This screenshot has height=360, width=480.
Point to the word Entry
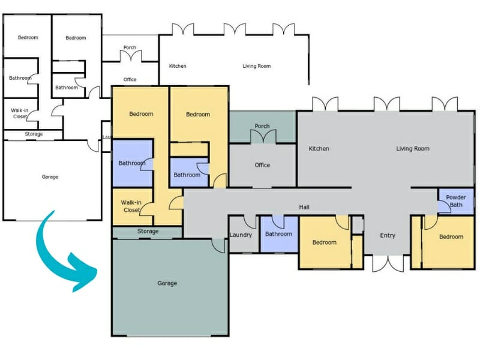click(388, 235)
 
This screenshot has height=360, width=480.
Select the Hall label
click(304, 208)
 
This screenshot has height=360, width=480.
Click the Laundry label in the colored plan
click(241, 235)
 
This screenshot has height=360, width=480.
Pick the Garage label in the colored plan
click(167, 283)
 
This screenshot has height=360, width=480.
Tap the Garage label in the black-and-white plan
click(50, 177)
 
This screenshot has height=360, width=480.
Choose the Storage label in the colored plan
click(148, 231)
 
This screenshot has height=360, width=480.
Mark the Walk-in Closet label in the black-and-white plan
click(20, 113)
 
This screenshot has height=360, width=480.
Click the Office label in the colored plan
click(262, 165)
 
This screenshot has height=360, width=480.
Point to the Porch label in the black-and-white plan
click(130, 47)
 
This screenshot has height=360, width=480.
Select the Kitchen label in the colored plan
click(319, 149)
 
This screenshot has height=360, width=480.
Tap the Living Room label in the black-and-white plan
click(256, 66)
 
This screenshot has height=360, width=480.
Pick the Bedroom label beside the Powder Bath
click(451, 236)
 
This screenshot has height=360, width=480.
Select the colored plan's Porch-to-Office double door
click(262, 138)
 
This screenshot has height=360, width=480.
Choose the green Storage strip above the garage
click(147, 232)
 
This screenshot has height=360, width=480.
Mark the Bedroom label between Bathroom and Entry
click(325, 242)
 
